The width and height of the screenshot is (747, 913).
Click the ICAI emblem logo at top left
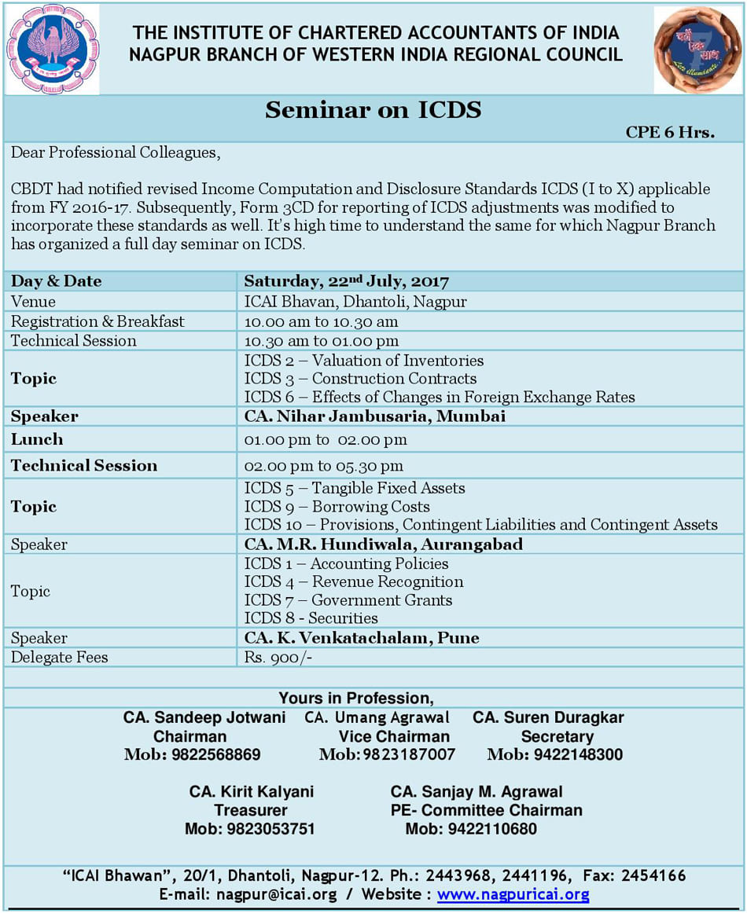pyautogui.click(x=53, y=49)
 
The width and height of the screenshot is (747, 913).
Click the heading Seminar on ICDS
pyautogui.click(x=373, y=109)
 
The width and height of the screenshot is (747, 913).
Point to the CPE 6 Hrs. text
pyautogui.click(x=670, y=132)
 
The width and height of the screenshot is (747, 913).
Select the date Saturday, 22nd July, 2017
pyautogui.click(x=346, y=281)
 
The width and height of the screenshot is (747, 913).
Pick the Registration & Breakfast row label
pyautogui.click(x=98, y=321)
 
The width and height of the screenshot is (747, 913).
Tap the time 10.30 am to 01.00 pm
pyautogui.click(x=321, y=341)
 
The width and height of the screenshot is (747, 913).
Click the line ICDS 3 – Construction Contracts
pyautogui.click(x=360, y=379)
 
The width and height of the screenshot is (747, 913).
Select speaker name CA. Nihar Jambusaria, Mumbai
pyautogui.click(x=374, y=416)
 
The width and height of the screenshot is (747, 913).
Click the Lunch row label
pyautogui.click(x=37, y=439)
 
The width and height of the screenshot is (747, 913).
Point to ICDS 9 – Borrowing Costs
pyautogui.click(x=337, y=507)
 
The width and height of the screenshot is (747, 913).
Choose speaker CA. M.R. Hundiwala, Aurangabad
pyautogui.click(x=383, y=544)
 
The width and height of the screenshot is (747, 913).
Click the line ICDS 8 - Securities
pyautogui.click(x=311, y=618)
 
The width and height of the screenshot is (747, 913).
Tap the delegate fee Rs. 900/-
pyautogui.click(x=278, y=658)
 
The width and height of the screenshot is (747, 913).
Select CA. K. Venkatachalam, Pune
pyautogui.click(x=362, y=638)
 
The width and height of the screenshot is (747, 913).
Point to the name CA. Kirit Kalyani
pyautogui.click(x=252, y=791)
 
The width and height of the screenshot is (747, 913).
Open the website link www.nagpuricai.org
pyautogui.click(x=513, y=894)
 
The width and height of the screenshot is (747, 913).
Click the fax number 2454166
pyautogui.click(x=654, y=875)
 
